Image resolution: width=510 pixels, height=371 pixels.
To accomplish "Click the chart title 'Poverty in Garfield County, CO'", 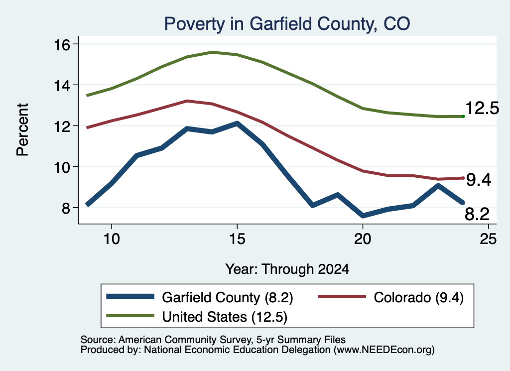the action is click(287, 24).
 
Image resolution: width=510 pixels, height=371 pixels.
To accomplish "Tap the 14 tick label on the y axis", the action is click(62, 86).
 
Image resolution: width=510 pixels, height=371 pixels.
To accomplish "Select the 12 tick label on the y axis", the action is click(62, 126).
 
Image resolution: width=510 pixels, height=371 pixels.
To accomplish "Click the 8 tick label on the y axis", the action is click(66, 208).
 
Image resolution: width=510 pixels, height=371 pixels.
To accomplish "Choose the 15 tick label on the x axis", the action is click(237, 239).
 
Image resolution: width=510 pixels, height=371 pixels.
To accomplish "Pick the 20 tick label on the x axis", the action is click(363, 239).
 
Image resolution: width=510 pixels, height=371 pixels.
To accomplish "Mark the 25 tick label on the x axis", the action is click(488, 239).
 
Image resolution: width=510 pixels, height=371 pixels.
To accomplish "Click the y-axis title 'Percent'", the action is click(23, 130).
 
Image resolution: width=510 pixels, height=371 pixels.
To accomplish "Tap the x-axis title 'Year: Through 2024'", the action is click(287, 269).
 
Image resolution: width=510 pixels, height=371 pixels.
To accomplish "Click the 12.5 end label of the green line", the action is click(482, 108).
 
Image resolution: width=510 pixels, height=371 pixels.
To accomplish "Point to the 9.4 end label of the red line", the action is click(479, 180).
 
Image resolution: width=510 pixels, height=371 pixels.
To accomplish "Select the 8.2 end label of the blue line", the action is click(477, 214).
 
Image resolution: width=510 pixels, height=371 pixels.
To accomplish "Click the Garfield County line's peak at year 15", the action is click(237, 124).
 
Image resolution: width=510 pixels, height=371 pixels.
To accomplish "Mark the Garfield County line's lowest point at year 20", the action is click(363, 216).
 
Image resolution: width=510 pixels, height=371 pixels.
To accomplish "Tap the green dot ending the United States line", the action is click(463, 117).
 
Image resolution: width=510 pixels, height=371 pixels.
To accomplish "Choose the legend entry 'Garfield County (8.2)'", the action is click(200, 297).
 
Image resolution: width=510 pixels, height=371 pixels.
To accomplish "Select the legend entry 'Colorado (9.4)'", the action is click(390, 297).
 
